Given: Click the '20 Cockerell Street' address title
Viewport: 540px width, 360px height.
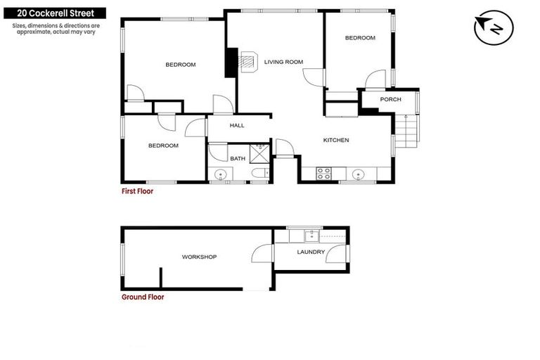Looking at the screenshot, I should (x=53, y=13).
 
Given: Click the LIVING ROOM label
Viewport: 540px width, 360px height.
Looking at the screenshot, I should (x=283, y=62).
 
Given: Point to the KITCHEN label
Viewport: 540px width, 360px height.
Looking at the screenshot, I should (x=336, y=141).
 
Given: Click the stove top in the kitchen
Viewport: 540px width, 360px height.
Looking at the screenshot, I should (x=324, y=172).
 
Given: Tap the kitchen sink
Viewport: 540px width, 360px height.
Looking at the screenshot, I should (x=359, y=173).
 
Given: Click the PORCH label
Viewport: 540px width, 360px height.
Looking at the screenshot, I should (x=390, y=100).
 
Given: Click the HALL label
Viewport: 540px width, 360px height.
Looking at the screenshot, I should (x=237, y=126).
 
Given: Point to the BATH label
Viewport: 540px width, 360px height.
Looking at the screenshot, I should (x=238, y=159).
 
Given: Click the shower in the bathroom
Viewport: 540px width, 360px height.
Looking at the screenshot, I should (x=259, y=149).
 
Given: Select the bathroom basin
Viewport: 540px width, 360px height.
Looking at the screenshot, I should (x=221, y=174).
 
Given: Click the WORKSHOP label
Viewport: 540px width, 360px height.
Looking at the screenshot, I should (x=199, y=257).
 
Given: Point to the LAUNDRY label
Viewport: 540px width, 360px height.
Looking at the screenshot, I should (x=311, y=252).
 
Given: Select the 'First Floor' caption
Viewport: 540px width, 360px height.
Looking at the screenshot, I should (x=137, y=191).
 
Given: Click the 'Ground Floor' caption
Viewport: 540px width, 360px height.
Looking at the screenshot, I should (x=143, y=297).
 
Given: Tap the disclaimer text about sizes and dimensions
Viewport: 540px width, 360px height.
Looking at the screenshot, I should (x=56, y=29).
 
